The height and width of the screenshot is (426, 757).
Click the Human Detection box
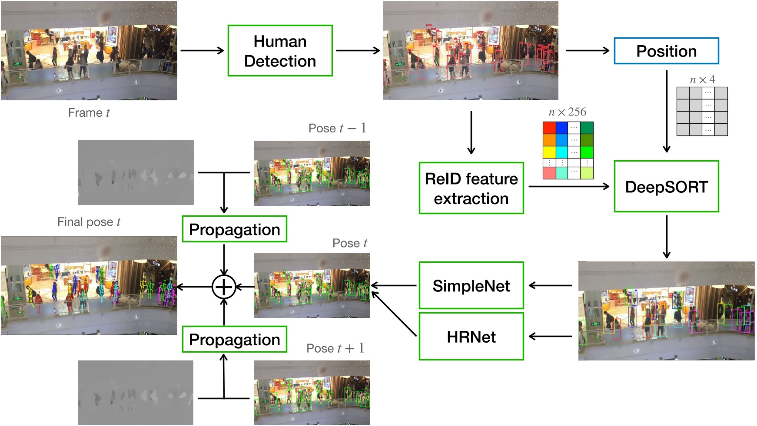280,51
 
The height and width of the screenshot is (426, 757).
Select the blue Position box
666,51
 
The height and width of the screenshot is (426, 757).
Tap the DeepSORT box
666,187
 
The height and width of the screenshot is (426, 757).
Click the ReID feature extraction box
471,188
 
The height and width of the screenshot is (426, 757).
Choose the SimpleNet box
471,286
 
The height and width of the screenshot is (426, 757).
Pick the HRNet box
471,337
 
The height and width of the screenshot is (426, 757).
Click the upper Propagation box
234,229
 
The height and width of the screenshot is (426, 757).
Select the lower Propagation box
234,340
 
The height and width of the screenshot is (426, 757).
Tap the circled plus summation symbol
224,287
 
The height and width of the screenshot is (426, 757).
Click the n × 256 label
567,112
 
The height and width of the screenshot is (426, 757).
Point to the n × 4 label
702,79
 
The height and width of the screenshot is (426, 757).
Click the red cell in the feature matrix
549,128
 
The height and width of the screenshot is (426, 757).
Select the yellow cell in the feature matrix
549,152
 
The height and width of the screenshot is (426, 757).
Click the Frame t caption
89,113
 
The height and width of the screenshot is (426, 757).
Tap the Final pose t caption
89,222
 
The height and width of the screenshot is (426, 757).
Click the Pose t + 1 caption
335,348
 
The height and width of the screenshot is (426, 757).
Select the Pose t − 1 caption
337,128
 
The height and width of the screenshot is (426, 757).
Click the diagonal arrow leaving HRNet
394,314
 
